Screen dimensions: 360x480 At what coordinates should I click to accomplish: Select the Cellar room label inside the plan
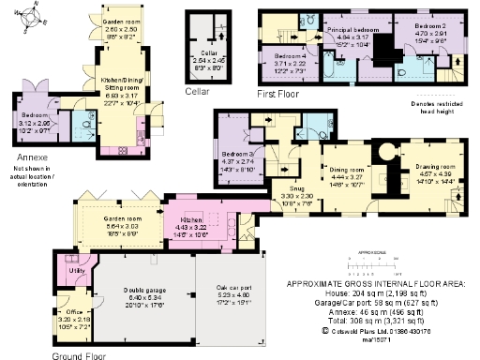click(x=202, y=57)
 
